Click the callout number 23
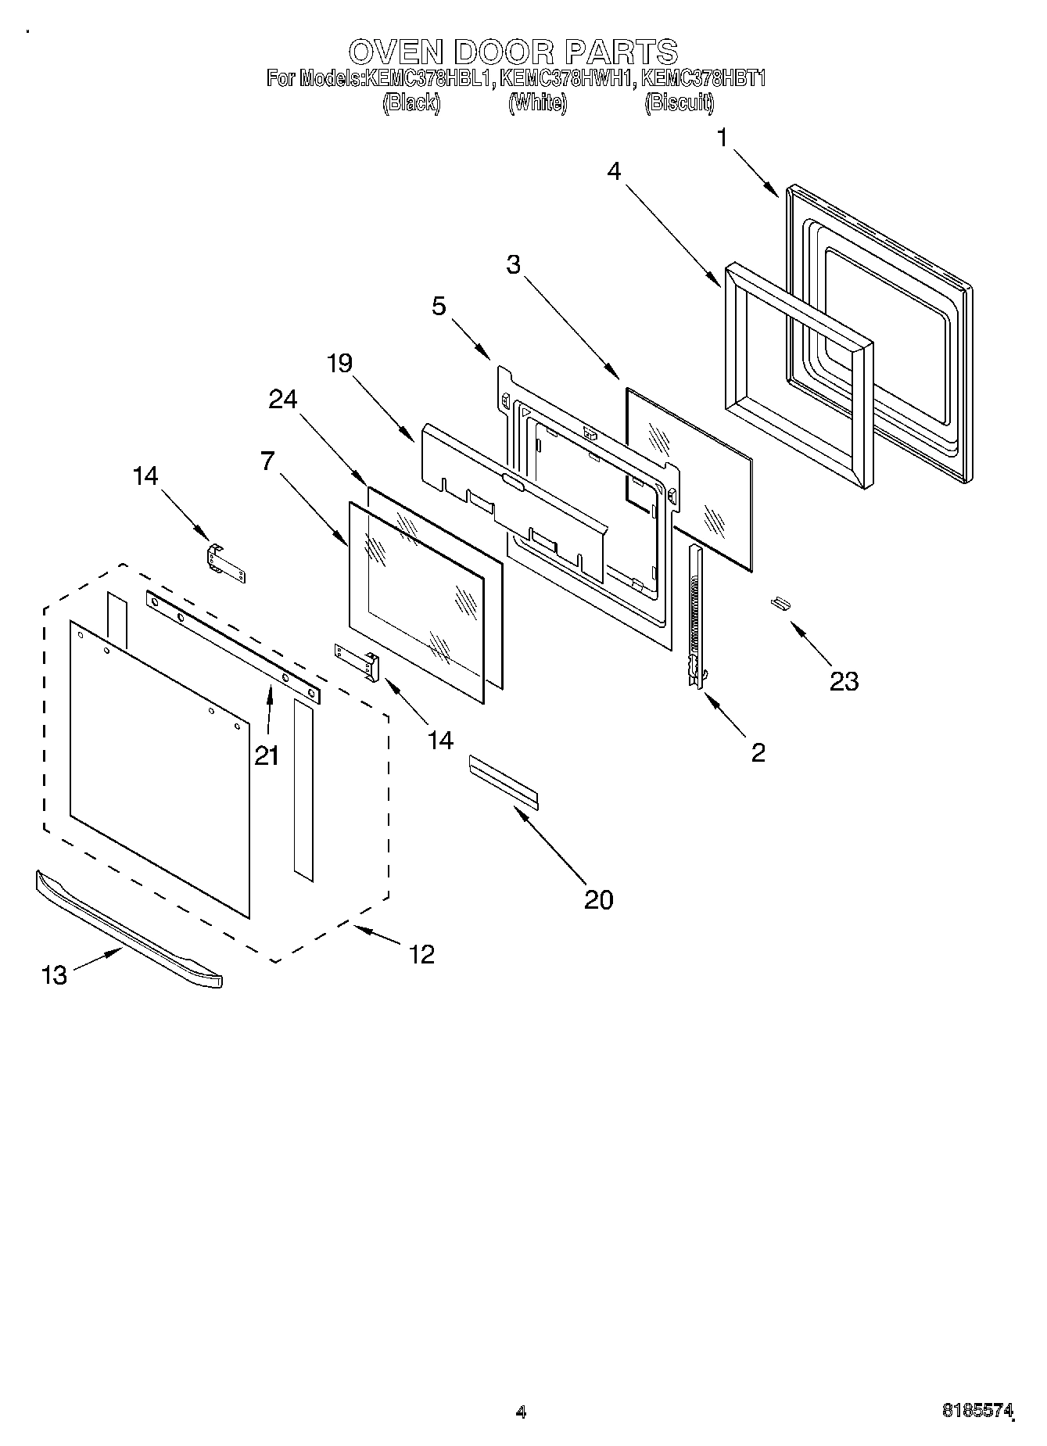pyautogui.click(x=844, y=681)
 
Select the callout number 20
pyautogui.click(x=599, y=899)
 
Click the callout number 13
pyautogui.click(x=54, y=975)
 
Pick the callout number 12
pyautogui.click(x=421, y=954)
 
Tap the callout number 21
pyautogui.click(x=267, y=755)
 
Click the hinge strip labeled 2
pyautogui.click(x=695, y=618)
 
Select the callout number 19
pyautogui.click(x=339, y=364)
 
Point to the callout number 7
pyautogui.click(x=267, y=461)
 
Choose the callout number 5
pyautogui.click(x=439, y=306)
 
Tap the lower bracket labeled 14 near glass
pyautogui.click(x=357, y=661)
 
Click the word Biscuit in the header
pyautogui.click(x=679, y=103)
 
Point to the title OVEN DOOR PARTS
pyautogui.click(x=512, y=52)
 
